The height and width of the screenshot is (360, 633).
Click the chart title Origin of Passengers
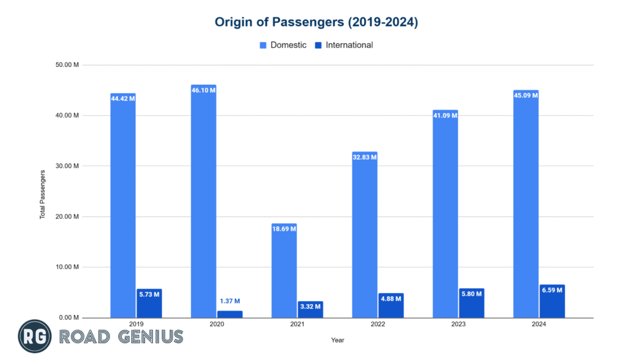[x=316, y=22]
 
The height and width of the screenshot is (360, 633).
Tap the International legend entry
[x=345, y=45]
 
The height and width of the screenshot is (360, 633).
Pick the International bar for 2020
[x=230, y=314]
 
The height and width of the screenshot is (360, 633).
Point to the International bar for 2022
[x=391, y=306]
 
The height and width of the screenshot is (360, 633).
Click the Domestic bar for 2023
[x=445, y=216]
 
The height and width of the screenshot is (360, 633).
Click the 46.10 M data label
[x=203, y=90]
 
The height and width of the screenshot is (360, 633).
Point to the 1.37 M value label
[x=230, y=302]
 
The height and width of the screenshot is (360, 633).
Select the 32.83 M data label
[x=364, y=157]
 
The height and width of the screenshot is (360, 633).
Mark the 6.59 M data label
[x=552, y=291]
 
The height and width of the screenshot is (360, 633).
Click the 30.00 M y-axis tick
[x=67, y=166]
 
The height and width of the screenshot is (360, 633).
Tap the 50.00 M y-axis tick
[x=67, y=65]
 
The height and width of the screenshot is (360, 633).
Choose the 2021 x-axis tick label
[x=297, y=324]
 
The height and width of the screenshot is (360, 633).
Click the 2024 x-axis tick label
[x=539, y=324]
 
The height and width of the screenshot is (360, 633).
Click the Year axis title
[x=337, y=340]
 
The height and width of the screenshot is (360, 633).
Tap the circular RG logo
[x=35, y=336]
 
